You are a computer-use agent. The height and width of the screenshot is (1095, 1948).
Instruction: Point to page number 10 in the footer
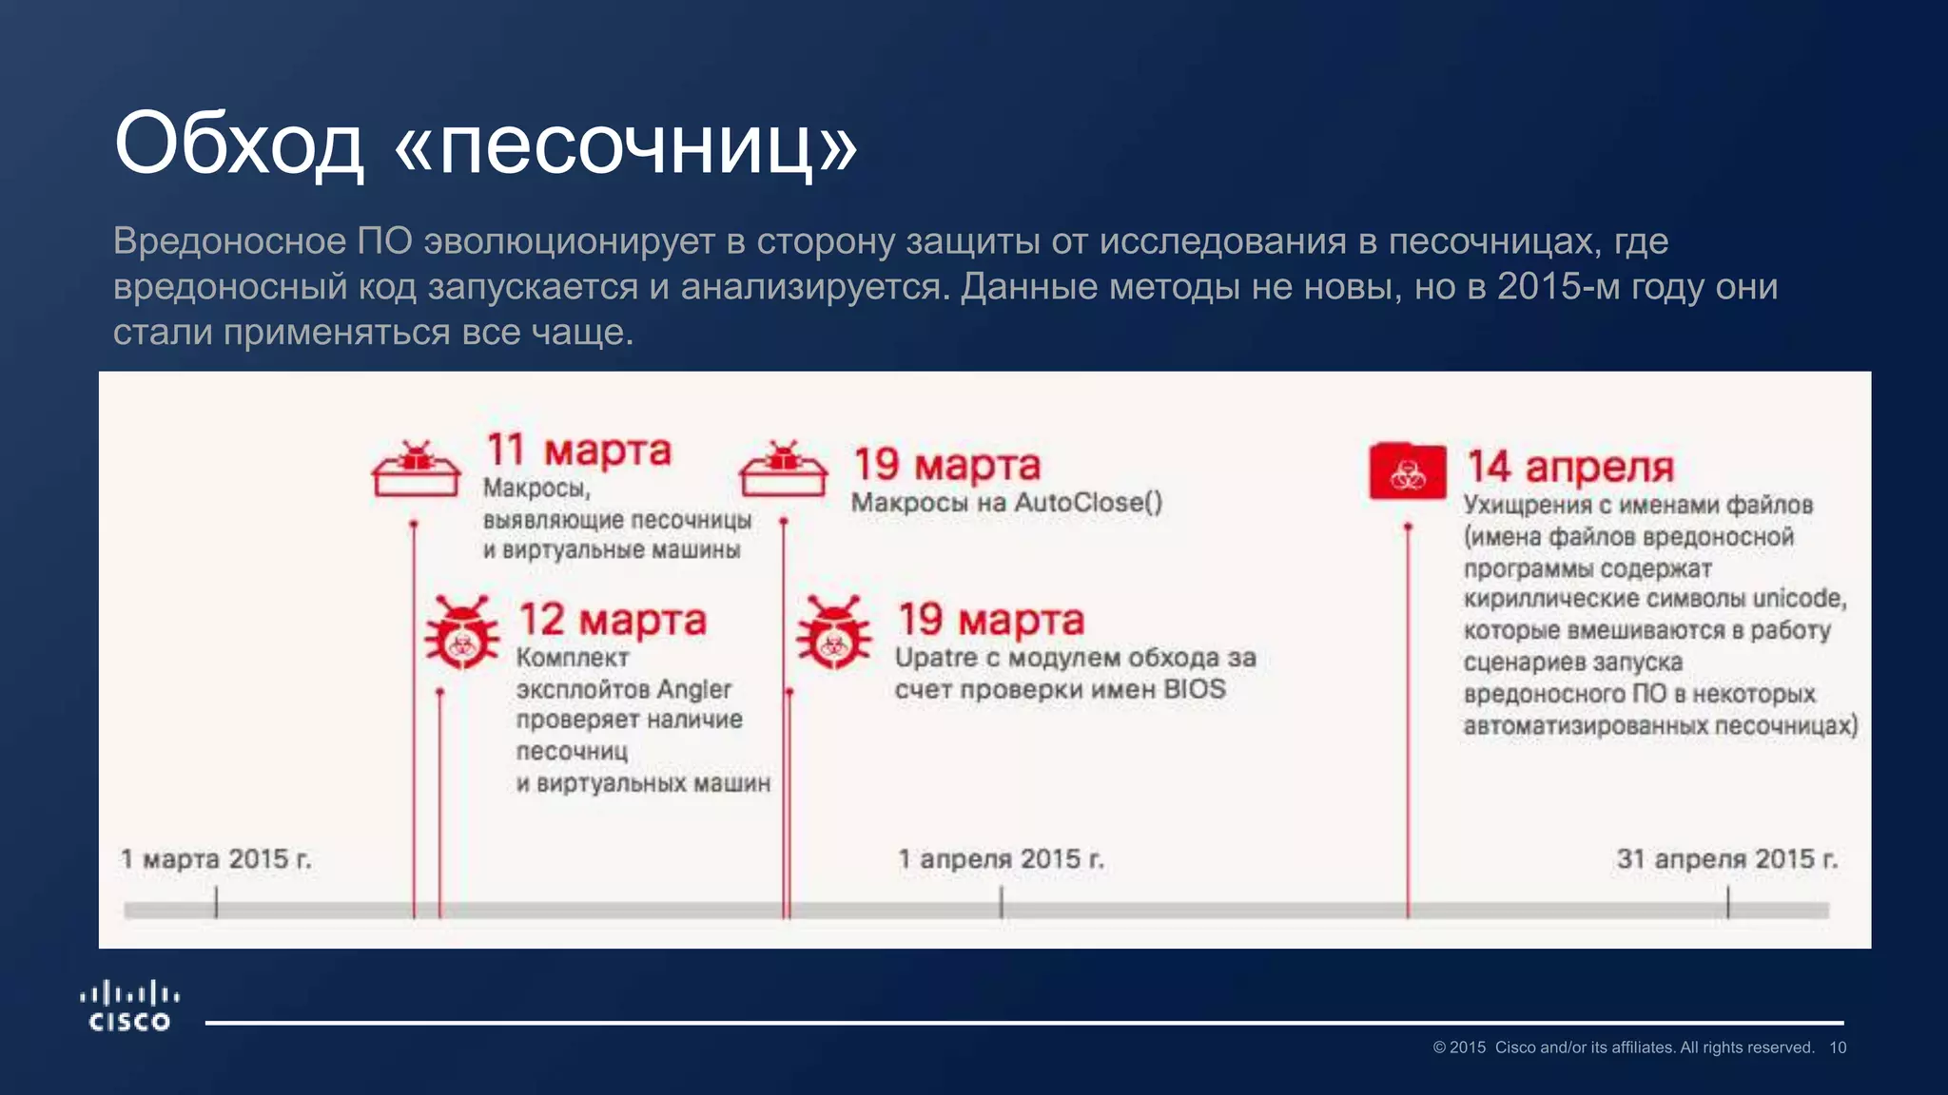[1838, 1047]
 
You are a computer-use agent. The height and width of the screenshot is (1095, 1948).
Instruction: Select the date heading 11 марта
[578, 450]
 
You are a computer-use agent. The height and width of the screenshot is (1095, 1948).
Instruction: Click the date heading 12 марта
[613, 620]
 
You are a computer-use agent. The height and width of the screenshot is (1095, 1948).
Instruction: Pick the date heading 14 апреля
[1570, 467]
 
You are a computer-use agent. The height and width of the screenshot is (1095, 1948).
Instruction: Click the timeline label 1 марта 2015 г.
[216, 859]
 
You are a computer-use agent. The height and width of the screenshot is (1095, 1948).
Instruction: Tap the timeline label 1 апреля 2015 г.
[1002, 859]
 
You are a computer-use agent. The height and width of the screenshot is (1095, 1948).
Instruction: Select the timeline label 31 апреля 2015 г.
[1727, 859]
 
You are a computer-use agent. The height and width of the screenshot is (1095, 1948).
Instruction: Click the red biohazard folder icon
[1408, 471]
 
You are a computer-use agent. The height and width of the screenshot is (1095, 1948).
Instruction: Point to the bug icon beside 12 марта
[461, 633]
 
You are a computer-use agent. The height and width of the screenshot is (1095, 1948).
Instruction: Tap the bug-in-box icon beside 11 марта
[416, 469]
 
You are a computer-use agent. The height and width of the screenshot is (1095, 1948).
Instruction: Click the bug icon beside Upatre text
[833, 633]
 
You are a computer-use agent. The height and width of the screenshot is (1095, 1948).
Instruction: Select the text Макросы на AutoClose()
[1006, 503]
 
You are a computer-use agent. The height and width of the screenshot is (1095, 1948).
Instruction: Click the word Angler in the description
[693, 689]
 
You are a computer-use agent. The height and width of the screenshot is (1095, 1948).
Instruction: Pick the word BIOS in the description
[1195, 689]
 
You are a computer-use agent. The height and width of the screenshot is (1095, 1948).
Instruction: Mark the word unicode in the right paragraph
[1799, 599]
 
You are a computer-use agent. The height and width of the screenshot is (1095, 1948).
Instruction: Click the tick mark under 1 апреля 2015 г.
[1002, 902]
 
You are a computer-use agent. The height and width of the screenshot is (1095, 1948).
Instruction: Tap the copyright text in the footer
[1623, 1047]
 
